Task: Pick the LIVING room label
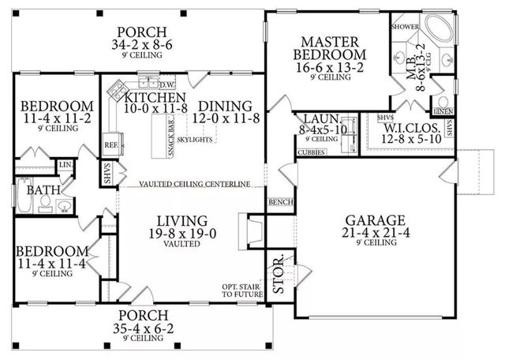[x=181, y=220]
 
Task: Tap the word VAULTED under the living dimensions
[x=181, y=245]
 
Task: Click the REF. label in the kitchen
[x=111, y=145]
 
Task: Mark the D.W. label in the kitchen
[x=166, y=84]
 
